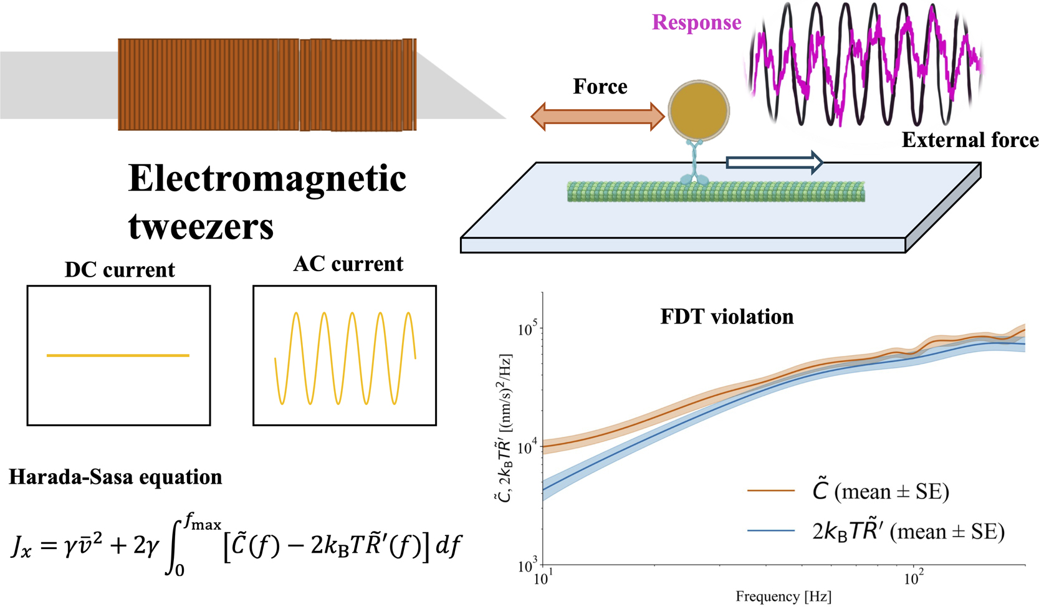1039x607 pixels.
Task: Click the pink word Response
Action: click(x=696, y=22)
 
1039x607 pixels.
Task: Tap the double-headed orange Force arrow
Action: click(x=597, y=117)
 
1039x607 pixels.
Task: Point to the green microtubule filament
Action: click(x=716, y=191)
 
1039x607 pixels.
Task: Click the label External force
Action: click(x=970, y=140)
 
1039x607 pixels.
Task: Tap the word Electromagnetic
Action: click(x=267, y=179)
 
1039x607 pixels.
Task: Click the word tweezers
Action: click(x=201, y=226)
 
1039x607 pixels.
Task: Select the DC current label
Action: click(x=120, y=270)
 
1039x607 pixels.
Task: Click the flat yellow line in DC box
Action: click(x=118, y=355)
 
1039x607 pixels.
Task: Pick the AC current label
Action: click(x=348, y=264)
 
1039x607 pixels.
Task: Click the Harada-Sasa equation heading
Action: click(x=115, y=477)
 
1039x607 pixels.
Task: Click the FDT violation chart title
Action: click(x=727, y=317)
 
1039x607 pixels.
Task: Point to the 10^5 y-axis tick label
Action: click(x=528, y=328)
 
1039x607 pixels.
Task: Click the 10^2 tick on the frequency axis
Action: click(x=912, y=578)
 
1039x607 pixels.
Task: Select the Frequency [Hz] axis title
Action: click(x=783, y=596)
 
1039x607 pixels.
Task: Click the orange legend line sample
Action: click(x=771, y=491)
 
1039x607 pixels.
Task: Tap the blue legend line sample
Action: click(x=771, y=531)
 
